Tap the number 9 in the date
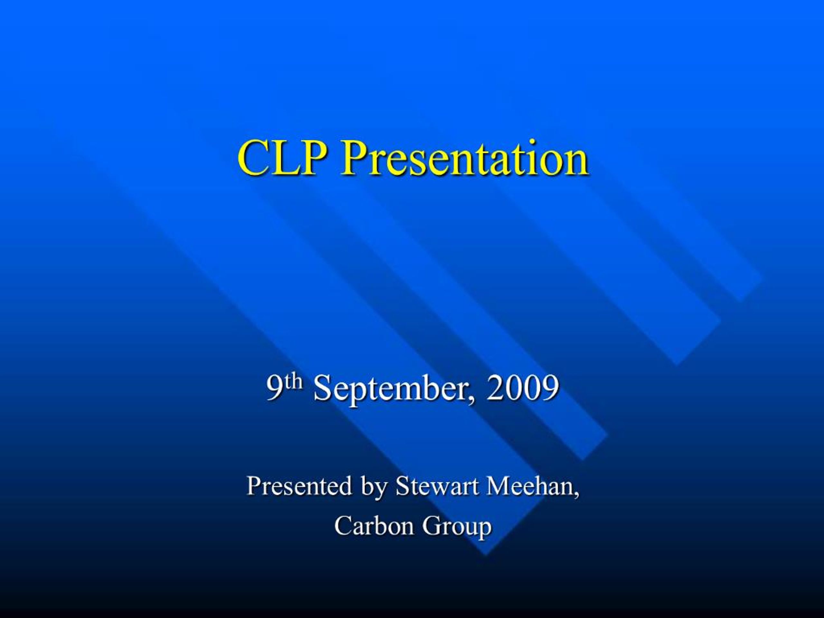(274, 389)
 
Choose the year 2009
(522, 388)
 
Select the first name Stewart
(436, 486)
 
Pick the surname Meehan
(529, 486)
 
